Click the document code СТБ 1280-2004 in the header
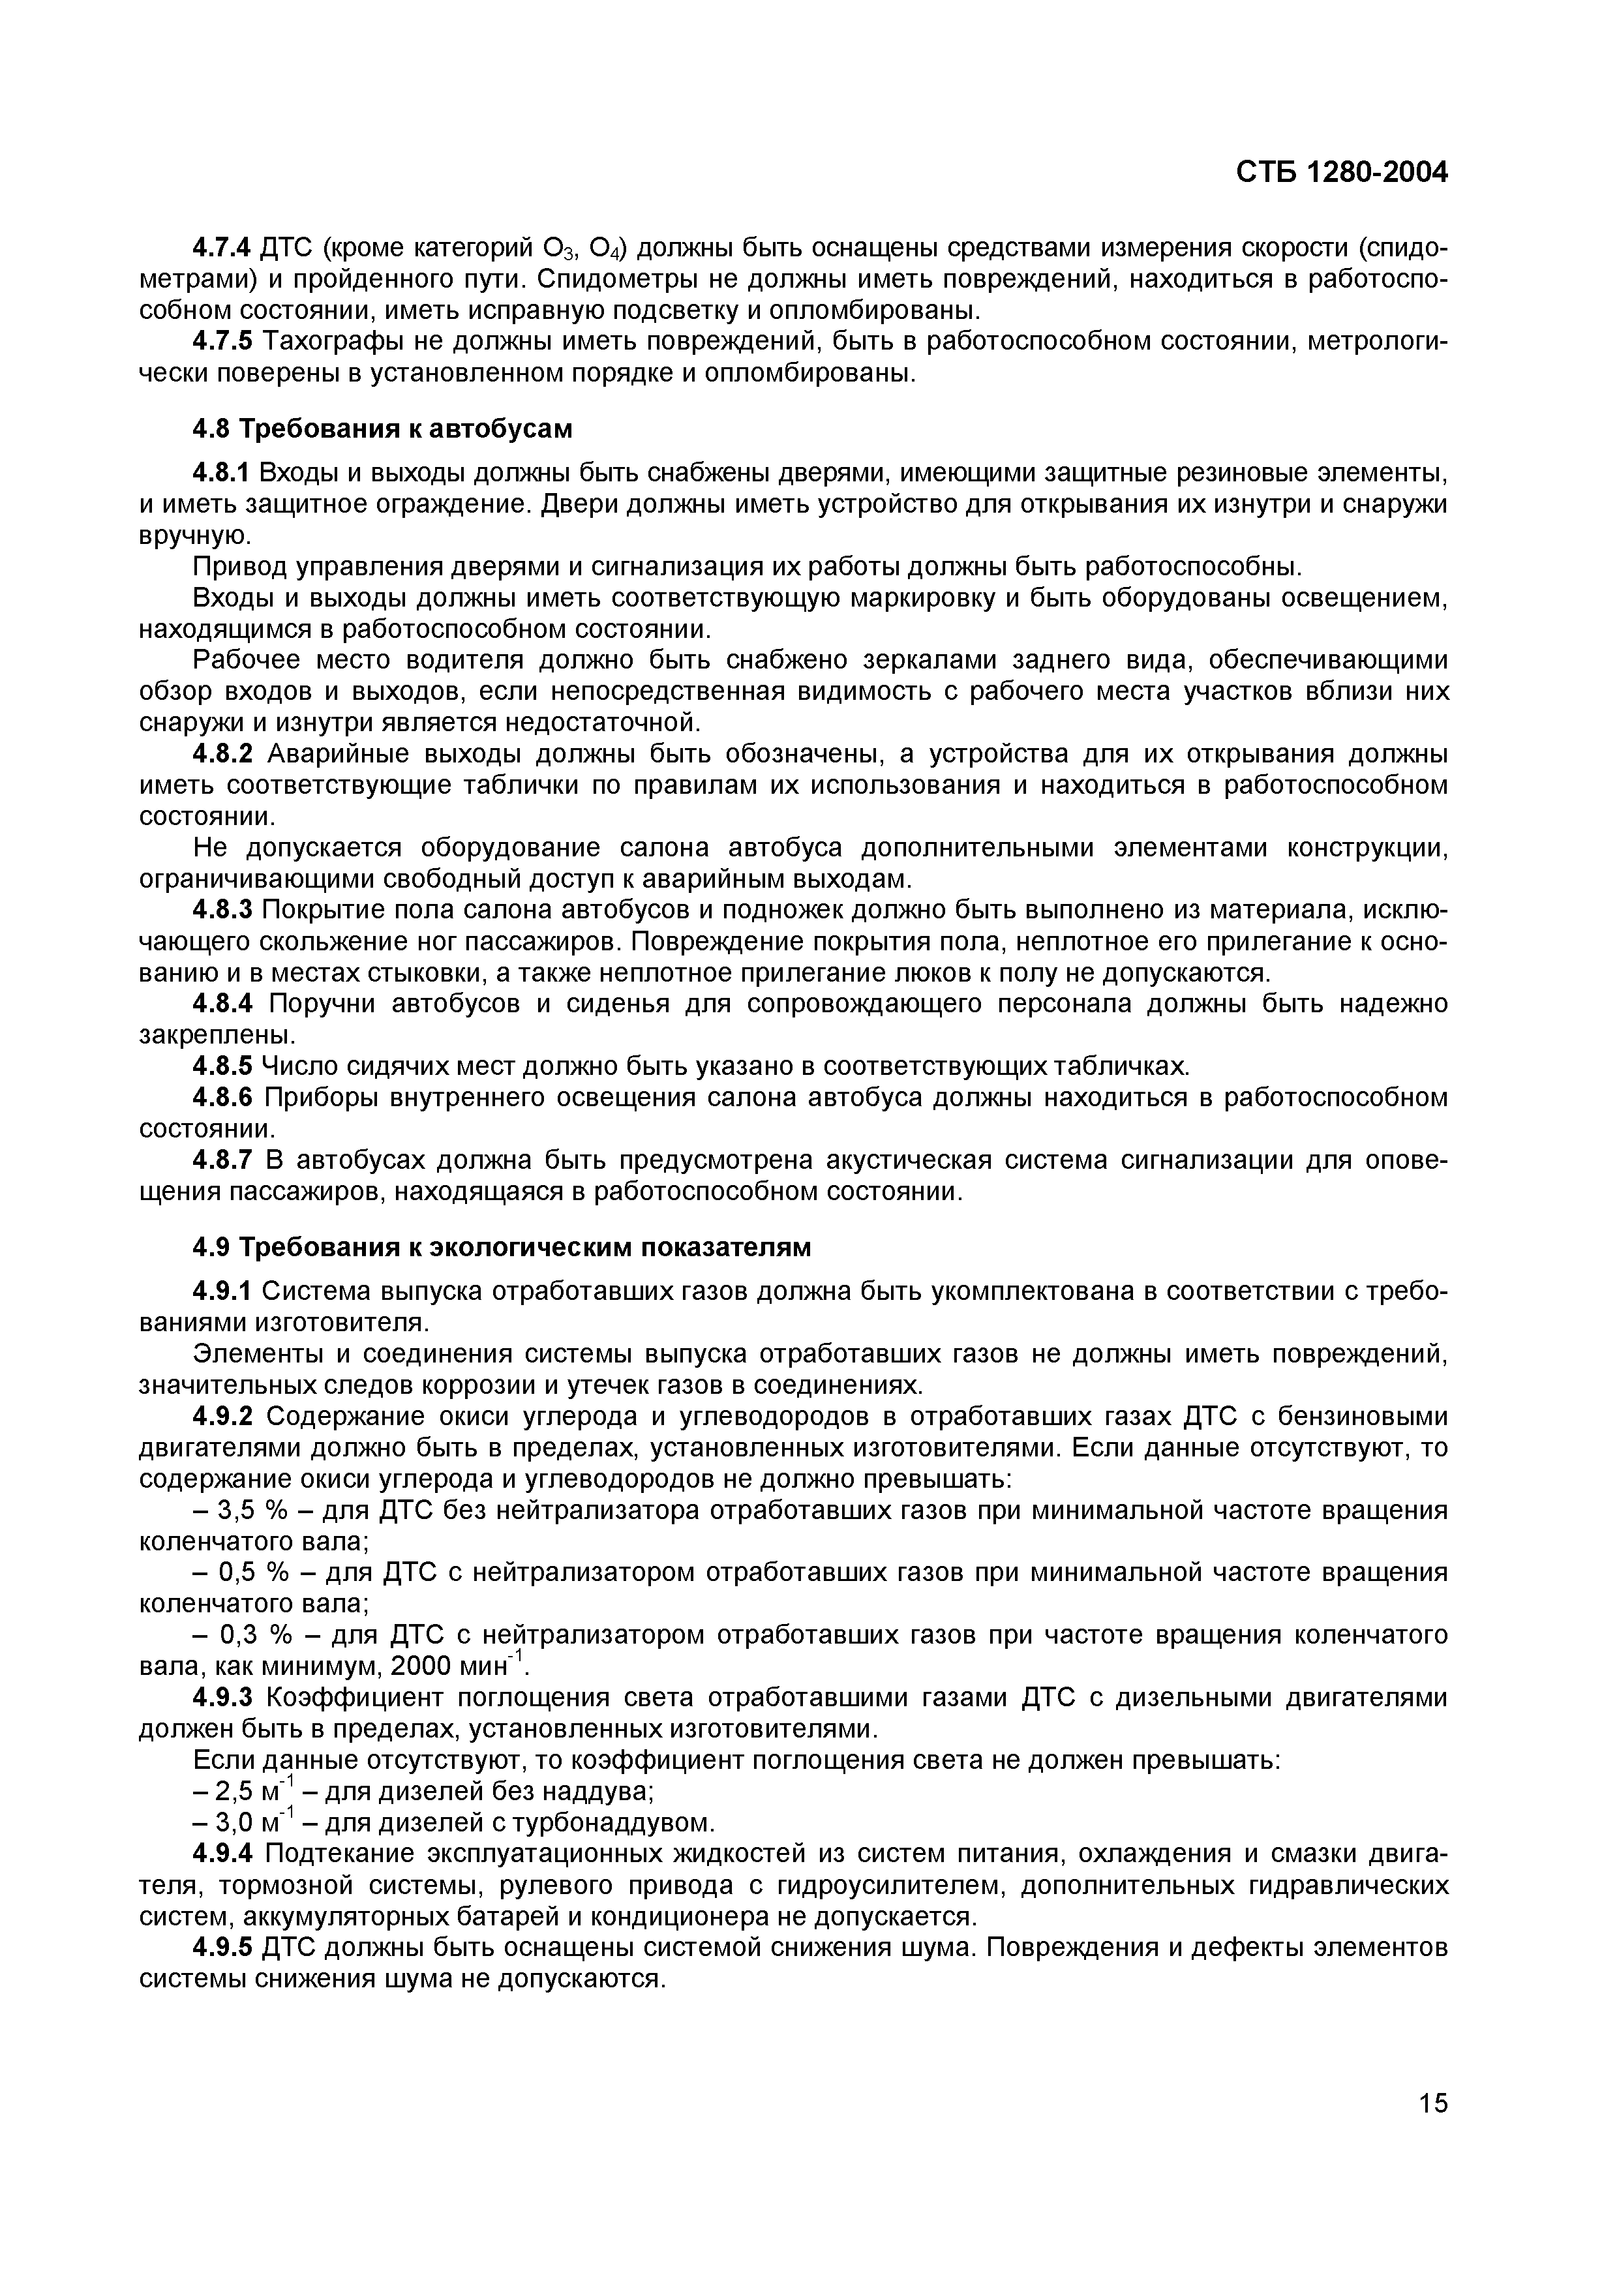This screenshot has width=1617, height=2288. click(1341, 172)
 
